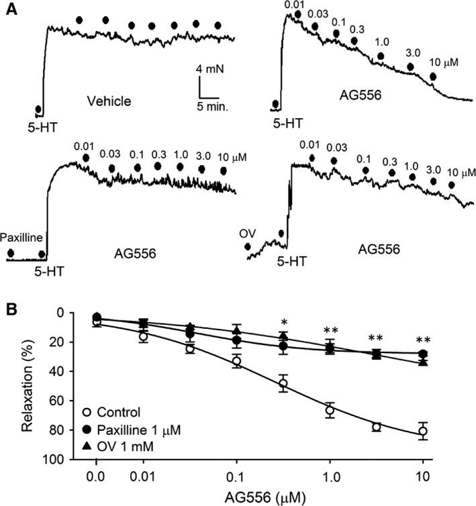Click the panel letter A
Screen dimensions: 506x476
(x=11, y=11)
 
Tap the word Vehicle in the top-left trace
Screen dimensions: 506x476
(x=109, y=101)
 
